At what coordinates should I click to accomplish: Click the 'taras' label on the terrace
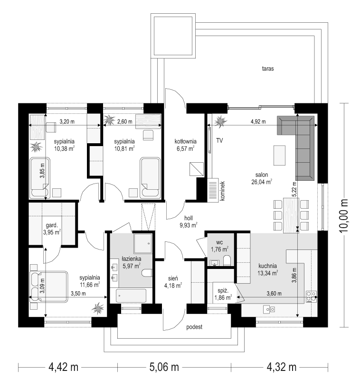[x=268, y=69]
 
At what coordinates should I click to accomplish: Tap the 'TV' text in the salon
[x=219, y=140]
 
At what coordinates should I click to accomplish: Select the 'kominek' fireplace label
[x=222, y=191]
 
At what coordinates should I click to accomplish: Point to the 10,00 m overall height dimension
[x=344, y=215]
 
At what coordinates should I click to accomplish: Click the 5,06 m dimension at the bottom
[x=164, y=367]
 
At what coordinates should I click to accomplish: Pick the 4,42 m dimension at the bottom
[x=64, y=367]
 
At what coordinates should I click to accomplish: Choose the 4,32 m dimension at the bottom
[x=282, y=367]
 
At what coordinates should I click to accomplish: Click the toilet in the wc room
[x=227, y=260]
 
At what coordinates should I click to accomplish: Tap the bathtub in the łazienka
[x=131, y=296]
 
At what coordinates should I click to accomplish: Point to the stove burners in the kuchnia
[x=312, y=296]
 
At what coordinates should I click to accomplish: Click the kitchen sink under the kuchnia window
[x=269, y=309]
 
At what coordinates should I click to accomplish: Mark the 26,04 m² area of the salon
[x=262, y=182]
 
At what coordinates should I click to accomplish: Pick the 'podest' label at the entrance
[x=194, y=327]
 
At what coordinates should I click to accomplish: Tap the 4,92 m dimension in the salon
[x=258, y=121]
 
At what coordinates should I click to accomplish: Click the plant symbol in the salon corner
[x=220, y=121]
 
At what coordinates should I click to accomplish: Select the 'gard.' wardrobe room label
[x=52, y=225]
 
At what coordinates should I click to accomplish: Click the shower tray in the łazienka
[x=142, y=243]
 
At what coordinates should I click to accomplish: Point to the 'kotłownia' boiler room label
[x=186, y=141]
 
